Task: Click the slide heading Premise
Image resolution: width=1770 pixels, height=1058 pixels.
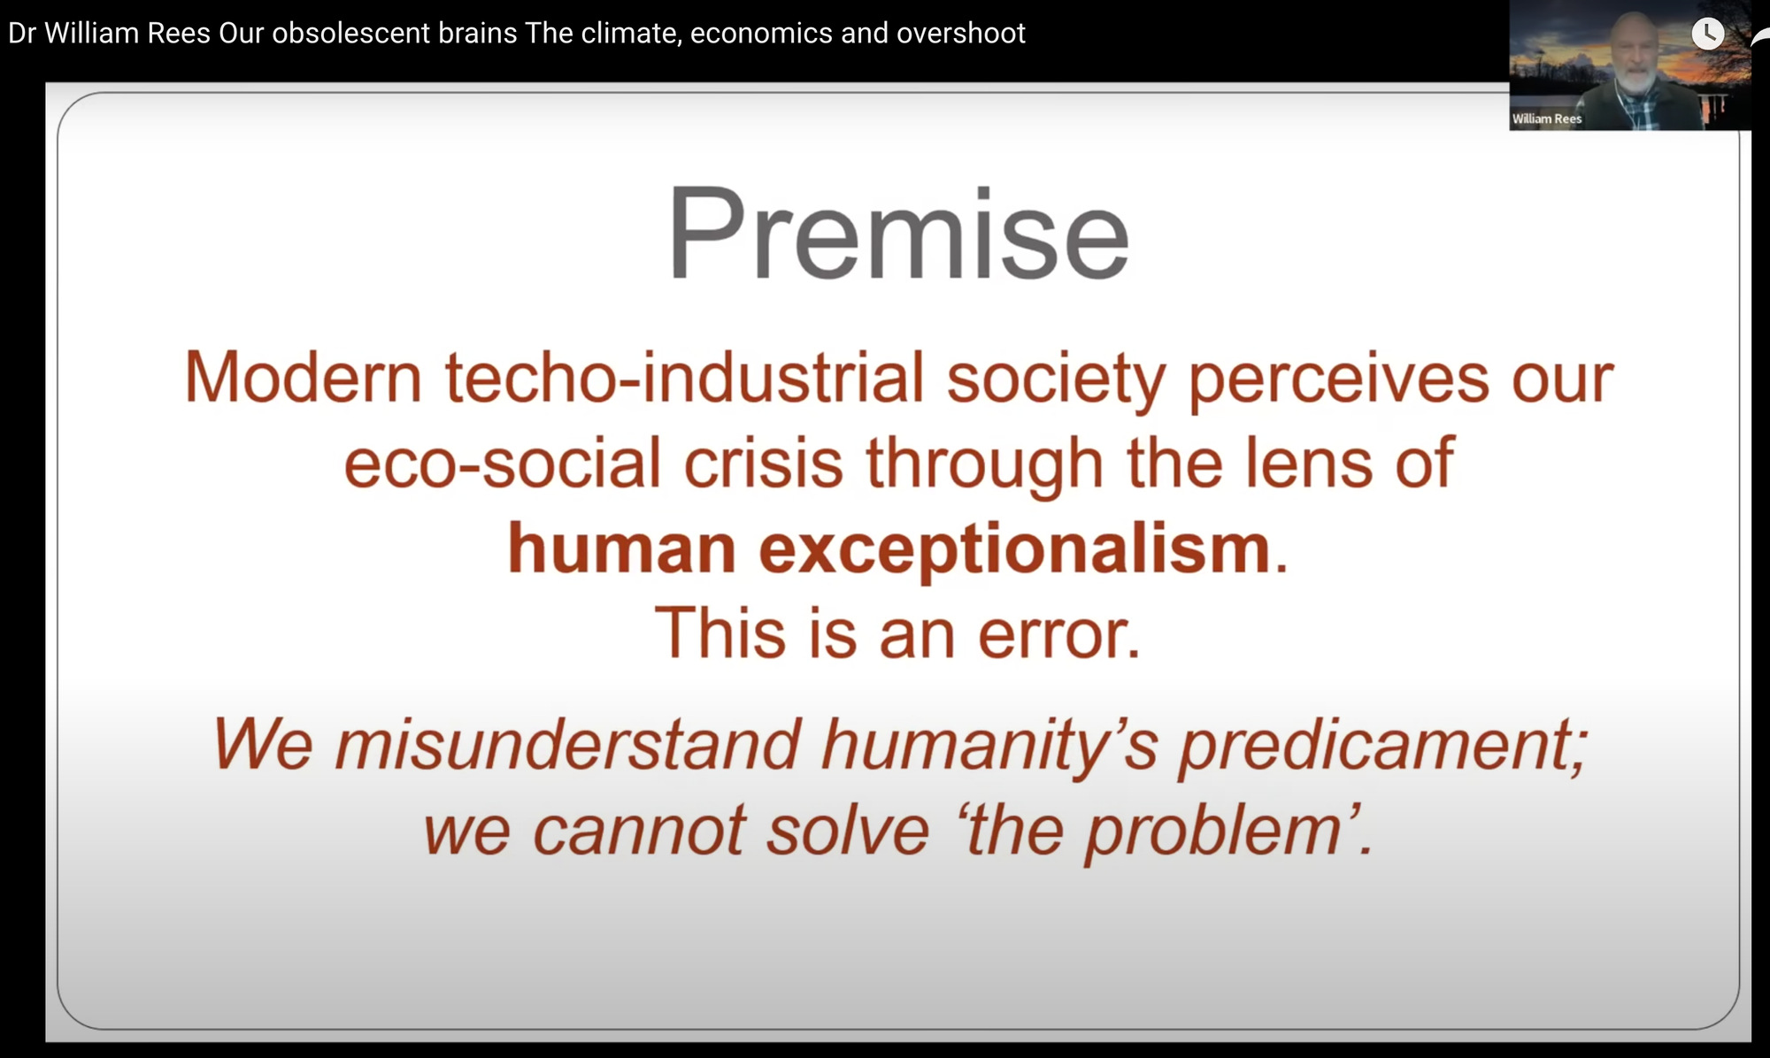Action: [897, 234]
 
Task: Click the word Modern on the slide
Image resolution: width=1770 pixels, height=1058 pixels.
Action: [302, 379]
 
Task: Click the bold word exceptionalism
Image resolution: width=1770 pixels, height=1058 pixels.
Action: [1014, 549]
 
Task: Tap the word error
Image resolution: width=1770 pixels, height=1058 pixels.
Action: [1058, 634]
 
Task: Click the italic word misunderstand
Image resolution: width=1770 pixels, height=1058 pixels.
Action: [567, 745]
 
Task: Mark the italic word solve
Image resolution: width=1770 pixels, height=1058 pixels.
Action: [847, 832]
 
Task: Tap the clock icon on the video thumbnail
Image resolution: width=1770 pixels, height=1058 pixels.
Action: [1707, 34]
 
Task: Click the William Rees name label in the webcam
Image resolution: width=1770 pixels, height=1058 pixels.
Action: [1546, 119]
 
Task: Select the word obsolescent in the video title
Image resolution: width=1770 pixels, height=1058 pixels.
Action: [395, 34]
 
